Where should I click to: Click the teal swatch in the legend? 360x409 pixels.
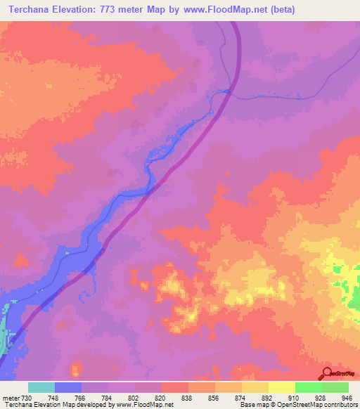click(x=41, y=387)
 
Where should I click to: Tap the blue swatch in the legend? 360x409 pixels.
click(x=68, y=387)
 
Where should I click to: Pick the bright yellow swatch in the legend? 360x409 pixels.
click(x=282, y=387)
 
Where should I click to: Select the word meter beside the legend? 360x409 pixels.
click(x=11, y=398)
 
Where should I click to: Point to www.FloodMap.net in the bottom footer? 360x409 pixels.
click(x=146, y=405)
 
